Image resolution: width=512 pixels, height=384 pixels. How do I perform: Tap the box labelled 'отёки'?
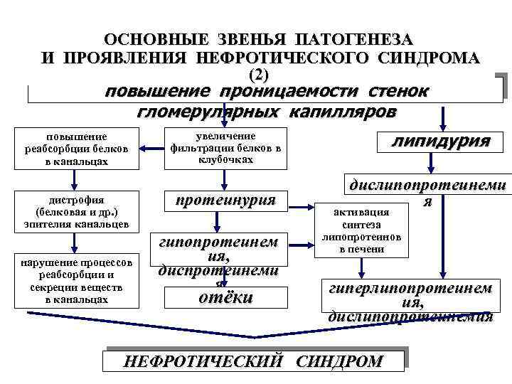225,298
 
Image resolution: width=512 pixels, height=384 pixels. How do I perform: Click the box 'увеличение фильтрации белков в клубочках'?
225,148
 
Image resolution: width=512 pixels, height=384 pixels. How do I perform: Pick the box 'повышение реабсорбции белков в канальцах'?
76,149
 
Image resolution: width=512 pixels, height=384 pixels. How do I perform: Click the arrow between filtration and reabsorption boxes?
150,149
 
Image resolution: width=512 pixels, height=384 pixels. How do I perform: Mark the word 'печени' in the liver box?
362,249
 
